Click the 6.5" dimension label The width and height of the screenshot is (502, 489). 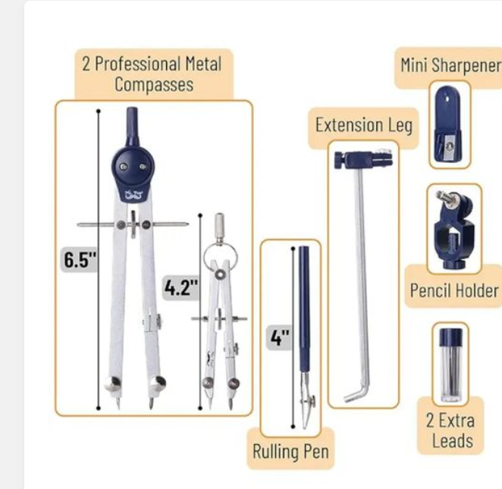(x=80, y=259)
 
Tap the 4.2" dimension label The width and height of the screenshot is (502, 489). (x=181, y=287)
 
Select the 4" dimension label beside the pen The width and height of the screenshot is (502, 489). (x=280, y=337)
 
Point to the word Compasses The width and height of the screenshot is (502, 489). (x=154, y=84)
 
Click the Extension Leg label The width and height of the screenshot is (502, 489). (x=364, y=125)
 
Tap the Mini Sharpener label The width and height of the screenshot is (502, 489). (x=450, y=66)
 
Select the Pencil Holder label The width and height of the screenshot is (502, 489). (x=454, y=290)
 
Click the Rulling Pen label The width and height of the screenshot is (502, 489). (x=290, y=452)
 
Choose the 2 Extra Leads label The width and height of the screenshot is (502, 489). (x=450, y=431)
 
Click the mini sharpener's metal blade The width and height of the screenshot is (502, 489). (x=448, y=146)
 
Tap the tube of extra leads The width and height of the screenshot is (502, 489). (x=450, y=365)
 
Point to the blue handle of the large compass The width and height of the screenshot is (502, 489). (x=132, y=127)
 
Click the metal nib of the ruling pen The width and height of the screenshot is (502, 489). (x=306, y=400)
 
